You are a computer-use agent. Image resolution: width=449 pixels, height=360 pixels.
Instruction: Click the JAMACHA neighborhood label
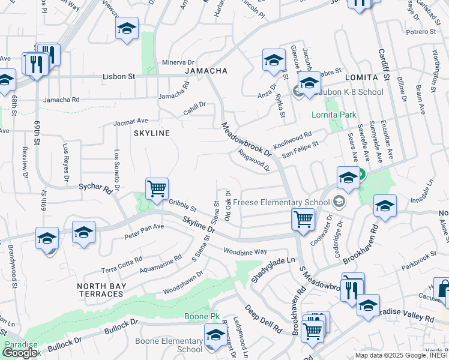pyautogui.click(x=206, y=71)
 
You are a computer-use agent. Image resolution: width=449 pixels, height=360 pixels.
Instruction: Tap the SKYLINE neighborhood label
pyautogui.click(x=152, y=133)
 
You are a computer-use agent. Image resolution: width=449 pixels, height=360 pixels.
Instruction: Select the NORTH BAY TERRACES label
pyautogui.click(x=101, y=290)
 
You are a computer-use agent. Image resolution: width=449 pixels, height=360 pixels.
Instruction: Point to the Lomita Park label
pyautogui.click(x=333, y=115)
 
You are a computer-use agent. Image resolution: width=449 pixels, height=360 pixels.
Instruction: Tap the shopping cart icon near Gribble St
pyautogui.click(x=157, y=189)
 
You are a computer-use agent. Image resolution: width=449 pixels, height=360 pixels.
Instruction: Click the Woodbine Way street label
pyautogui.click(x=244, y=251)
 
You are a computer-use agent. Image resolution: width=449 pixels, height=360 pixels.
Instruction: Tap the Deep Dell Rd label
pyautogui.click(x=263, y=319)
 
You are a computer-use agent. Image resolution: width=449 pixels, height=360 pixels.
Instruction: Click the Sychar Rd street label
pyautogui.click(x=96, y=188)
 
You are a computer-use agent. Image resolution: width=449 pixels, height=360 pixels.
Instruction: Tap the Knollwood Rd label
pyautogui.click(x=292, y=142)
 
